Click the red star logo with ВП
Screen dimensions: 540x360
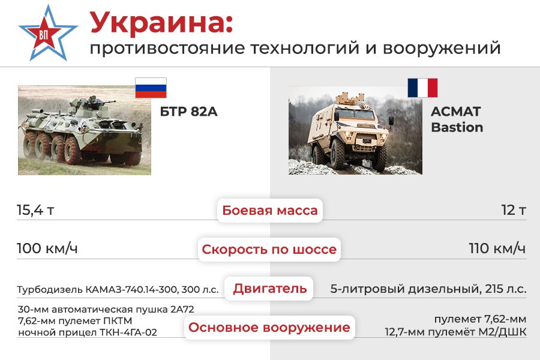point(47,34)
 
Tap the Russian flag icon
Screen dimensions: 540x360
point(151,88)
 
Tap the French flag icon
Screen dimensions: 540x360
point(422,88)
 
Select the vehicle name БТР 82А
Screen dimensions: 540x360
point(189,112)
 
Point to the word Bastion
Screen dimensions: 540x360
point(457,127)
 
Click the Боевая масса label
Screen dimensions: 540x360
point(270,210)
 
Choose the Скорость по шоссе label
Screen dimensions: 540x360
point(269,249)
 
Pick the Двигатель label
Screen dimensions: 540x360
point(269,289)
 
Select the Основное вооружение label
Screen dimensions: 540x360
point(269,327)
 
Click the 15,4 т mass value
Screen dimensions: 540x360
point(35,210)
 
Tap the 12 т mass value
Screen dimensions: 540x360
point(514,210)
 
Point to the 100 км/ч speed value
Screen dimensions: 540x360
point(47,248)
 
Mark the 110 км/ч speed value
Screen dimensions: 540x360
point(497,248)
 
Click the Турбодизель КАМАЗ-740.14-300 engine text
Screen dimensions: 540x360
point(118,289)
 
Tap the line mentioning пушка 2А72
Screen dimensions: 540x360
point(106,310)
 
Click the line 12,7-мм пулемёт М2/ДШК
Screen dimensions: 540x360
point(455,332)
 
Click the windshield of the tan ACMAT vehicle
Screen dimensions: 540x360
point(355,113)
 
